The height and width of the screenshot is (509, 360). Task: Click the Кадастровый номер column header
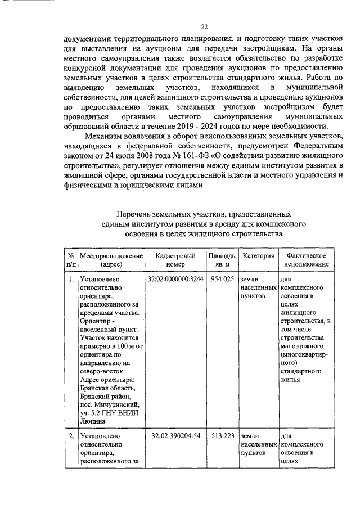tap(175, 260)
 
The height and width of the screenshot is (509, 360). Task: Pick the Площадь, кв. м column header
tap(221, 260)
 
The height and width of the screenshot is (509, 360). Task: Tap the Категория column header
tap(258, 256)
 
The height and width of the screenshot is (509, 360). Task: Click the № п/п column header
tap(70, 260)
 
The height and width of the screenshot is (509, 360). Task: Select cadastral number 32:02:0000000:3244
tap(175, 279)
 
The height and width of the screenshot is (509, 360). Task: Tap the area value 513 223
tap(222, 436)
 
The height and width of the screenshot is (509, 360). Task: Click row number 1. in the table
tap(70, 279)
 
